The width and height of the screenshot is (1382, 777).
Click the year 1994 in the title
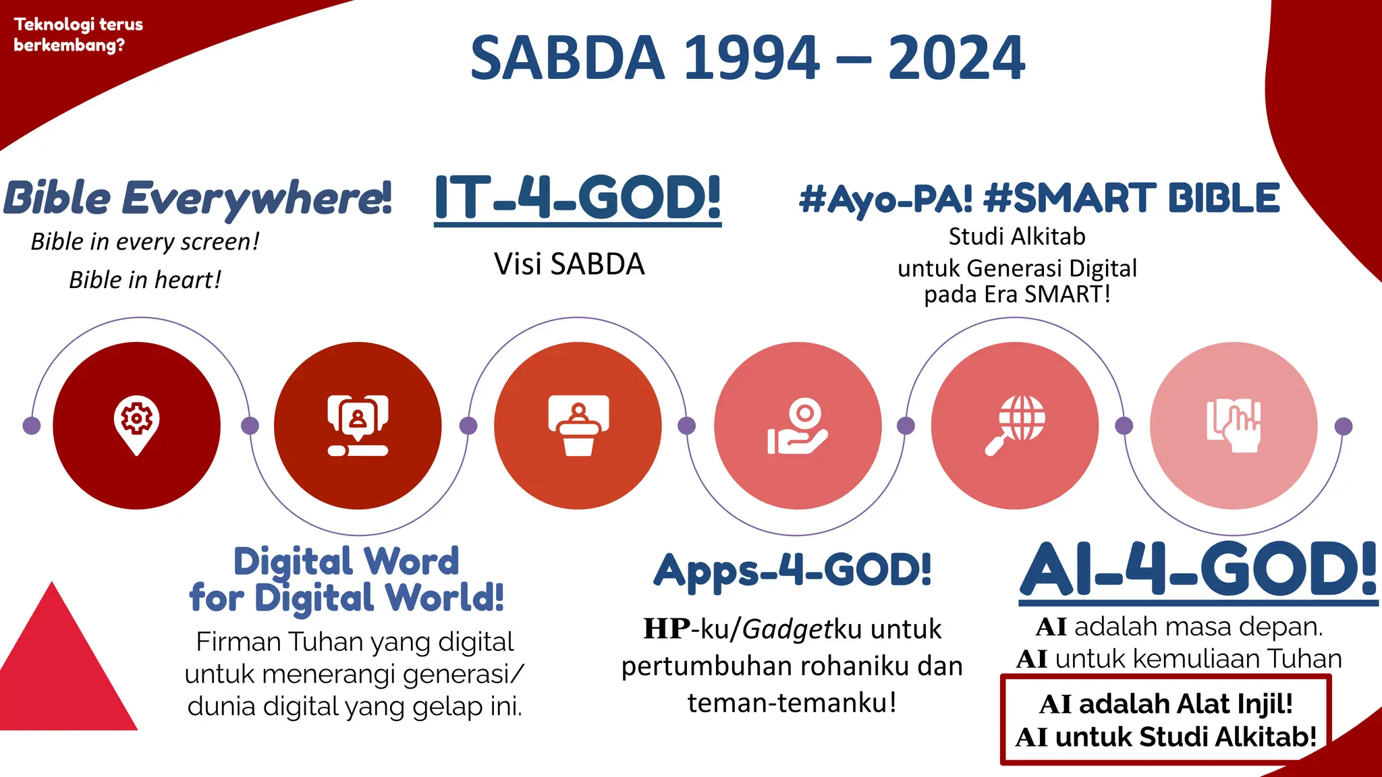point(752,58)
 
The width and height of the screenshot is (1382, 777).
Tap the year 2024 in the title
point(956,58)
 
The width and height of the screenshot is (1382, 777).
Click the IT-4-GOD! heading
point(578,198)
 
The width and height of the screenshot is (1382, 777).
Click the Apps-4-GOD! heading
point(793,571)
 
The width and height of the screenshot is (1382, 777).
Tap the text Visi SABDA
point(569,264)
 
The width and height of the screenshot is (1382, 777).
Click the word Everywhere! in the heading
point(256,198)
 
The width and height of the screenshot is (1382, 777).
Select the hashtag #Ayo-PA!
point(885,198)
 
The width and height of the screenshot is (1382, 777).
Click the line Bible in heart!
point(145,280)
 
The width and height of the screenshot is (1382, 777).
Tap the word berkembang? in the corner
point(69,45)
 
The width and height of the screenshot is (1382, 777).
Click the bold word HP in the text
point(667,629)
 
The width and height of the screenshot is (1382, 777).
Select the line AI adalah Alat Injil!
point(1166,704)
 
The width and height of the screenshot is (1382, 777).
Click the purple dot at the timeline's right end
point(1344,426)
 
